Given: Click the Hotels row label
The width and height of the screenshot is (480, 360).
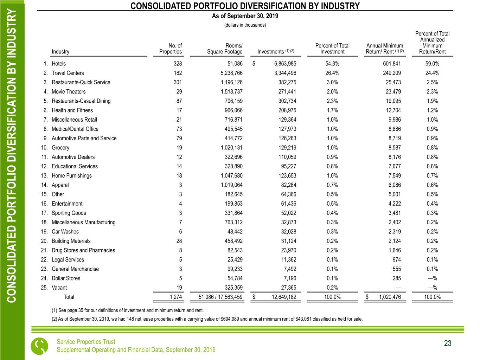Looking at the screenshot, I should click(58, 64).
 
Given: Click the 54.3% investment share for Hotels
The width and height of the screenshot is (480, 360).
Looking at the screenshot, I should click(332, 64).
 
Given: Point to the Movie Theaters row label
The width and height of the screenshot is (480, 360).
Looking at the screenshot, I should click(69, 92).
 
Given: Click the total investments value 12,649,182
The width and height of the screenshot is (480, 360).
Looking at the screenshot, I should click(284, 297).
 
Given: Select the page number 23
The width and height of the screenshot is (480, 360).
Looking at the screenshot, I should click(447, 343).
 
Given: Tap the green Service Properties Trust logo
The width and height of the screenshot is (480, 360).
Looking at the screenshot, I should click(39, 346).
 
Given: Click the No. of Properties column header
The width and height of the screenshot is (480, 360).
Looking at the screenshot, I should click(171, 49).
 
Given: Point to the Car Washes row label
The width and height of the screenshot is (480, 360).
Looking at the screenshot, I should click(65, 232).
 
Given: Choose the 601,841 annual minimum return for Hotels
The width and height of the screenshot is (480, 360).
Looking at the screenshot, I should click(392, 64).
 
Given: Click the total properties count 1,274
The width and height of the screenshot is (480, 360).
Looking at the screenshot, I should click(175, 297).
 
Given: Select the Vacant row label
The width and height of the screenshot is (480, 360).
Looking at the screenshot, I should click(59, 288).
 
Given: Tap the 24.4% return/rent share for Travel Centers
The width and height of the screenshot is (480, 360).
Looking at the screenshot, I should click(432, 73).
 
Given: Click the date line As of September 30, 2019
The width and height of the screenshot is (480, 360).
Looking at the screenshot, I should click(245, 16).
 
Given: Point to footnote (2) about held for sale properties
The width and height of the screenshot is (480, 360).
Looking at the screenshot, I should click(207, 319).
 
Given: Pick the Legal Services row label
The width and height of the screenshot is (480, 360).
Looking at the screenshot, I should click(68, 260).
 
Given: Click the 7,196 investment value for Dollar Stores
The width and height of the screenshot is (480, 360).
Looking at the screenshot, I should click(289, 278).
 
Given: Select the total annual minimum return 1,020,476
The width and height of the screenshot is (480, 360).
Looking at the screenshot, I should click(389, 297).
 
